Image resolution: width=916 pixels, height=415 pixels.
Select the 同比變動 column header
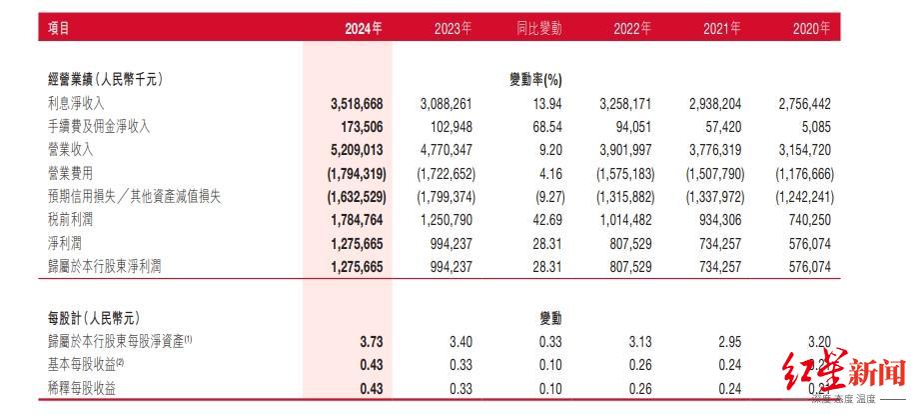[538, 29]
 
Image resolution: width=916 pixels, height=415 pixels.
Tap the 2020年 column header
[810, 29]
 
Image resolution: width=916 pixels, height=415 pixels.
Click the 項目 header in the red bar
[59, 29]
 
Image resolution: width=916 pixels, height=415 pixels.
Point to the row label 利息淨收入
[76, 103]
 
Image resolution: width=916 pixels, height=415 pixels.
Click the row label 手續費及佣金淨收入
[98, 126]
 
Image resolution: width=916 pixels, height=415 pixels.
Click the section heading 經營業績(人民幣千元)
[105, 79]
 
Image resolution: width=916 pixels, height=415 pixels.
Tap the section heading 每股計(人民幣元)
[98, 318]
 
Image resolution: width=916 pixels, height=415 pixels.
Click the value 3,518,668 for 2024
[356, 103]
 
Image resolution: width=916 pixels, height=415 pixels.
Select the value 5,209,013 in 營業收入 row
[356, 150]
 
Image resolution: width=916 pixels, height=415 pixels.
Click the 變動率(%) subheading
[536, 79]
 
